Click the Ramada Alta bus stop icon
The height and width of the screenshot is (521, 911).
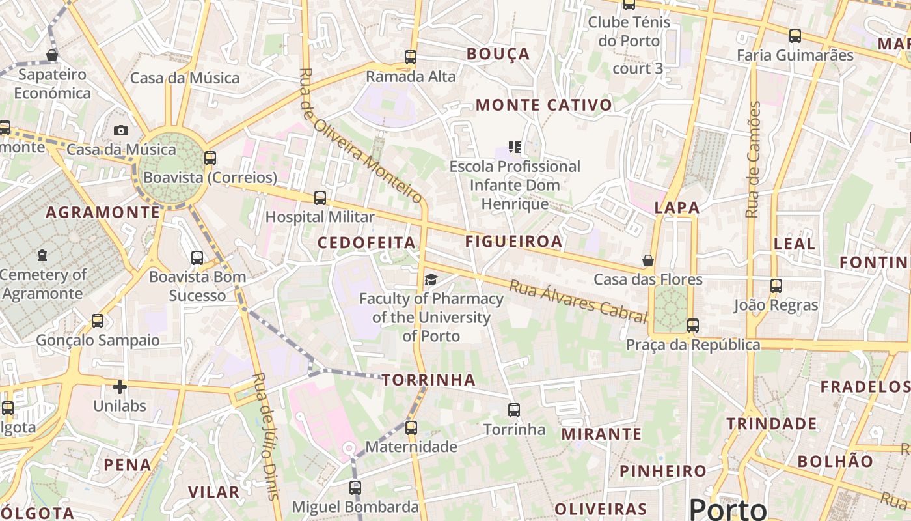click(411, 57)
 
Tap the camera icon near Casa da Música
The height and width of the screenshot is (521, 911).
click(120, 130)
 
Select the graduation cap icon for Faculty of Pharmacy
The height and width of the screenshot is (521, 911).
click(431, 280)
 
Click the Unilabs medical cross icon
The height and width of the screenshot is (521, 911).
click(120, 387)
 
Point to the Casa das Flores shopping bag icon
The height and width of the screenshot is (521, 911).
click(648, 260)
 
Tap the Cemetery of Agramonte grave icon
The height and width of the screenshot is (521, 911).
click(42, 255)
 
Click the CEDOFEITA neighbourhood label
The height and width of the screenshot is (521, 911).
click(366, 243)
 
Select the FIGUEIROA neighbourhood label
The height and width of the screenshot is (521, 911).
click(513, 242)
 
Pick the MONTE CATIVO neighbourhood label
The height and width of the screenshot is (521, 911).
click(544, 105)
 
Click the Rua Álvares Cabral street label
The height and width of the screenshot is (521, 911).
click(578, 301)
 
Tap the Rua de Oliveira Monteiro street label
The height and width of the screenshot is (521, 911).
click(361, 135)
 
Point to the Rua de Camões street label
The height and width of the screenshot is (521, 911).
click(753, 160)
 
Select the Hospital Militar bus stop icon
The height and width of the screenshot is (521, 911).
click(320, 198)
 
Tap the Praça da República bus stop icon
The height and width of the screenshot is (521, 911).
click(693, 326)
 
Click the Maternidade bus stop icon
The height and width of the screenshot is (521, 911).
click(411, 428)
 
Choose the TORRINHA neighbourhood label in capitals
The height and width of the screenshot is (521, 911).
click(428, 380)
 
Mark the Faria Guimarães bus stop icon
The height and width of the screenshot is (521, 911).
click(795, 36)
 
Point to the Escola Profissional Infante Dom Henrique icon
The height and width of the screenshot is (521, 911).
click(515, 148)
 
